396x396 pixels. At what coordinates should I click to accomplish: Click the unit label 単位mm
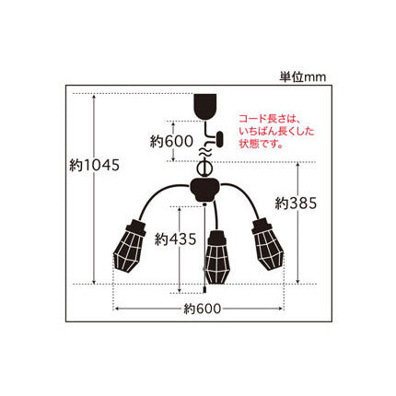click(x=302, y=76)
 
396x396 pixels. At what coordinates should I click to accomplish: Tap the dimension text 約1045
click(x=94, y=166)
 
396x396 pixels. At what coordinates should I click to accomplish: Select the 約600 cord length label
click(x=171, y=142)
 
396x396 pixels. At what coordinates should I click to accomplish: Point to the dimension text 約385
click(x=296, y=203)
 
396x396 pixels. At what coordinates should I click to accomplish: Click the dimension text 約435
click(x=175, y=239)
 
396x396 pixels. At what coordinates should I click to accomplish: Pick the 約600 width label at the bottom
click(x=203, y=309)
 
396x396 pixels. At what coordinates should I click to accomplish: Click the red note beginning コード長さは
click(x=276, y=132)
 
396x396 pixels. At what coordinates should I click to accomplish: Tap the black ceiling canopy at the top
click(x=205, y=107)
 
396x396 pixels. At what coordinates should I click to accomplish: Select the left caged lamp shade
click(x=130, y=246)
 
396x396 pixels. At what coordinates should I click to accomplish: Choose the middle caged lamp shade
click(x=216, y=257)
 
